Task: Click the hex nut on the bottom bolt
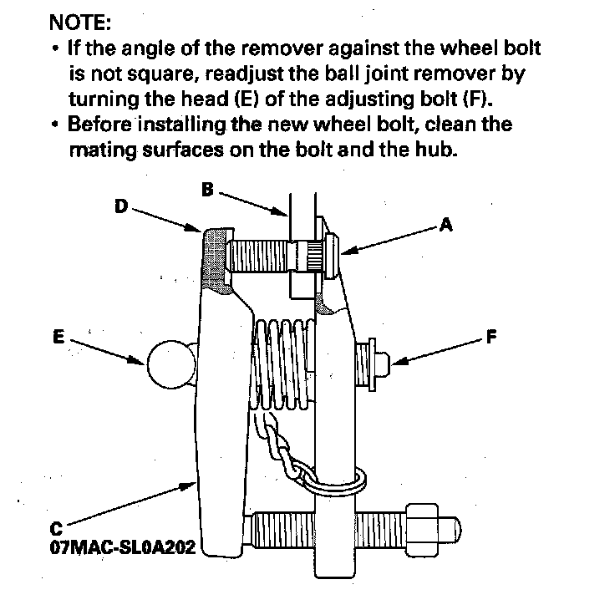[421, 529]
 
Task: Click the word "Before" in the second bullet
[101, 125]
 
